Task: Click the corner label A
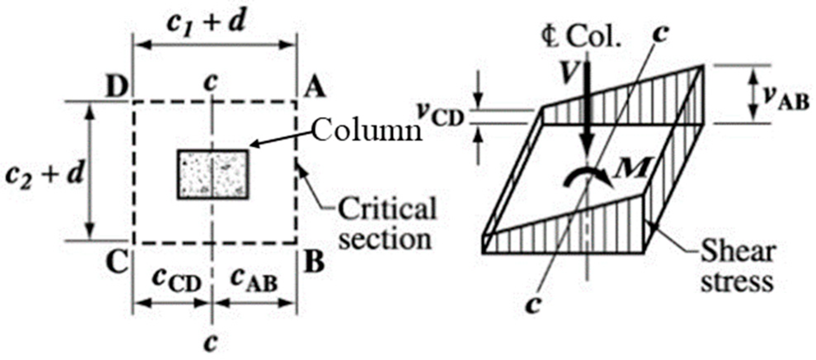pos(314,87)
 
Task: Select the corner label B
pos(314,262)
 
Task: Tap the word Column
pos(367,131)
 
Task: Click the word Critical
pos(387,209)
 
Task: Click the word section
pos(385,239)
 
